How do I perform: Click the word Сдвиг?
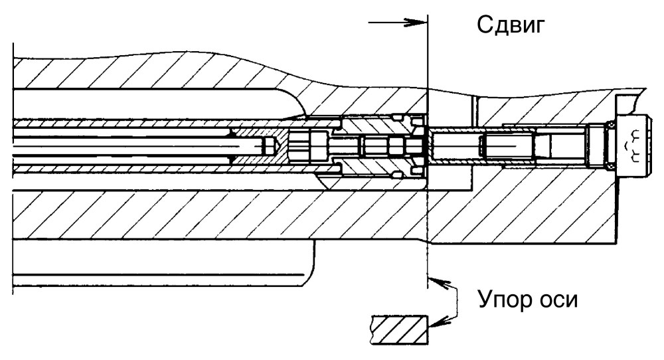510,26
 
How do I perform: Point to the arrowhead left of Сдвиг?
416,23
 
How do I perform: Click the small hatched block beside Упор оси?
399,329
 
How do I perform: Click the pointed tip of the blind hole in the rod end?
278,146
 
